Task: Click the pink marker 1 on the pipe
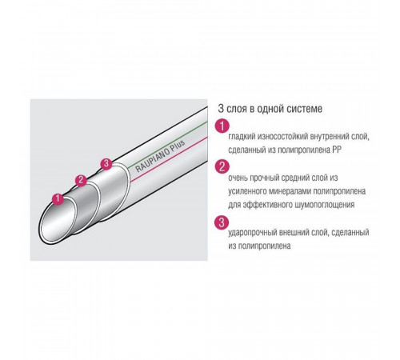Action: (58, 198)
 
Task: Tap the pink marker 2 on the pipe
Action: (81, 181)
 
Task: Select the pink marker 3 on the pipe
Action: (106, 164)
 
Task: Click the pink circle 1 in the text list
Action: (222, 126)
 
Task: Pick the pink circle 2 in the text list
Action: (222, 166)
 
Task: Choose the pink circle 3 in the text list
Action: (222, 222)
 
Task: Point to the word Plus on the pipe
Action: (178, 146)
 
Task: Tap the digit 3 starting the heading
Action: (221, 109)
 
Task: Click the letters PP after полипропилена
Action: (336, 150)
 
